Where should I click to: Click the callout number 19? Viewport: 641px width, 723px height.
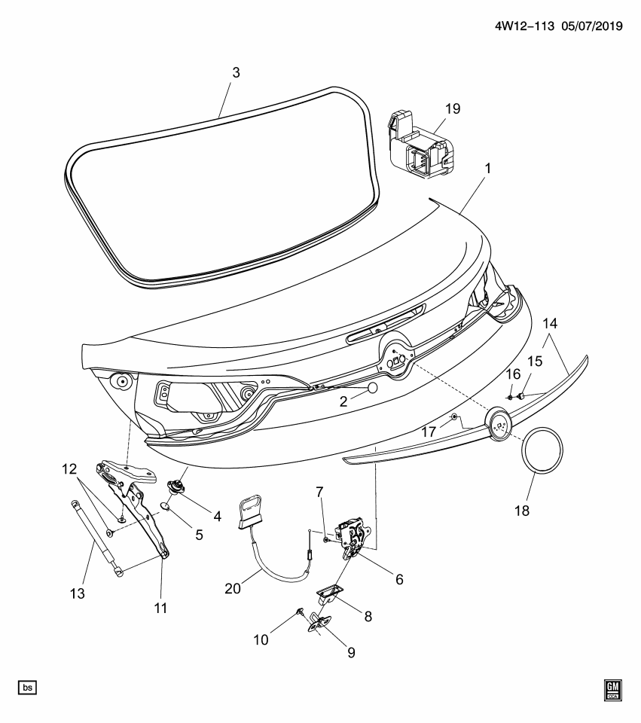click(451, 108)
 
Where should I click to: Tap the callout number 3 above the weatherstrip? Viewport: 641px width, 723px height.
click(236, 73)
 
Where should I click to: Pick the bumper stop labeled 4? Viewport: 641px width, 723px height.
click(179, 487)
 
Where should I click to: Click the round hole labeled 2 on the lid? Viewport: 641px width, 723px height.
click(371, 389)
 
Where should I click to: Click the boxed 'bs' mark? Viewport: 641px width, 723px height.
click(27, 688)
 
